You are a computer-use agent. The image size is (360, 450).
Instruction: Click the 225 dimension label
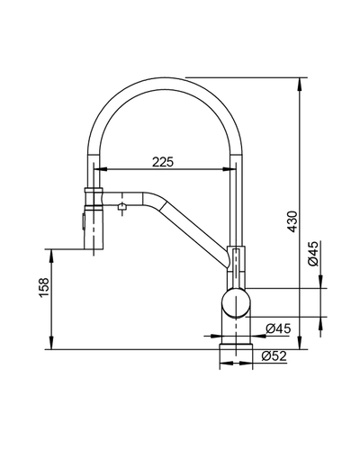click(x=163, y=162)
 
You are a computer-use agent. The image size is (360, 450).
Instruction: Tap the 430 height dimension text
click(x=292, y=221)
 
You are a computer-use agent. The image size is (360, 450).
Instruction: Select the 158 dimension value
click(x=44, y=288)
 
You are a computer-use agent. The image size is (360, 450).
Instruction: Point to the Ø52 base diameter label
click(x=274, y=356)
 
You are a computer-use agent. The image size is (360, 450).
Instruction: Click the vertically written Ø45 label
click(x=313, y=254)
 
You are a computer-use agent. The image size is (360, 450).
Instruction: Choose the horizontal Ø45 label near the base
click(x=278, y=328)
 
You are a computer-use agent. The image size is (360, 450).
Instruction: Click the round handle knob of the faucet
click(x=236, y=302)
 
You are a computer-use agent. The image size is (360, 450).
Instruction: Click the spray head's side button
click(x=81, y=222)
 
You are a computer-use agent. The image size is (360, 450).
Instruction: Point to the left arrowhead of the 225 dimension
click(x=103, y=169)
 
